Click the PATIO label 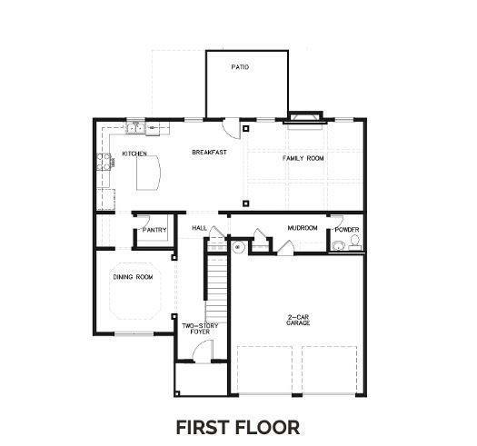240,67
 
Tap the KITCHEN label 134,154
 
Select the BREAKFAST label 209,152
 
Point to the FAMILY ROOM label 303,158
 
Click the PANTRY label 154,230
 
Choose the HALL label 200,228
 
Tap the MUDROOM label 303,228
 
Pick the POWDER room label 347,230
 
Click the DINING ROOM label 133,277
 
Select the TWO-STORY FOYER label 200,329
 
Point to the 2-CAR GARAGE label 298,320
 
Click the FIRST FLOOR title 238,427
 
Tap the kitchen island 148,173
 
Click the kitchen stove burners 104,162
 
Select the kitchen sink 135,128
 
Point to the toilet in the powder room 354,243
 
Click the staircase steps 216,289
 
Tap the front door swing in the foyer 202,352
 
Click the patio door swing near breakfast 232,129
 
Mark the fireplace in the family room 305,120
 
